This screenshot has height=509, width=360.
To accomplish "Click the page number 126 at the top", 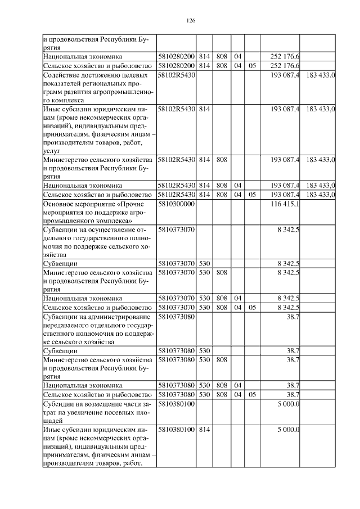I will click(x=190, y=21).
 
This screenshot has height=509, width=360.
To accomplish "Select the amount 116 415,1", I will click(x=285, y=204).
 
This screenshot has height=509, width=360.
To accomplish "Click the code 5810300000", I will click(x=176, y=204).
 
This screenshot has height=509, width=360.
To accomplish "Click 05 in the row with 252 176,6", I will click(x=252, y=66).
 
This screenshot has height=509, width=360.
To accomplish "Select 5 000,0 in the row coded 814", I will click(x=289, y=430).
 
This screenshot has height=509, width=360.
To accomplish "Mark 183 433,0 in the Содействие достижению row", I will click(x=321, y=74).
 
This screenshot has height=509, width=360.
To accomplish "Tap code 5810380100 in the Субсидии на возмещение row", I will click(x=176, y=404).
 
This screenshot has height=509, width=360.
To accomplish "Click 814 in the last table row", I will click(x=204, y=430).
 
